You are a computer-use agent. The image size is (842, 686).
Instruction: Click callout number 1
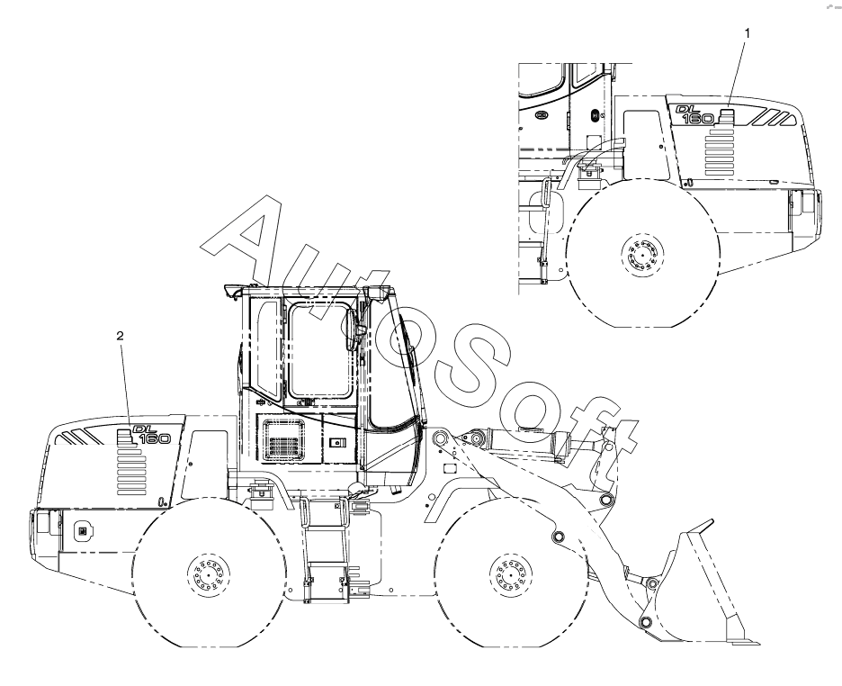[747, 33]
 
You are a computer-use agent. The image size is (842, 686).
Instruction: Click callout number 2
[120, 336]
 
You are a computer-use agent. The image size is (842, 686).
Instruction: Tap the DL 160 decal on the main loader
[151, 435]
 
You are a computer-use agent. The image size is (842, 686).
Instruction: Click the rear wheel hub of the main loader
[209, 573]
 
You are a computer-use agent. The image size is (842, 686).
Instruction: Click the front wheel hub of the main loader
[511, 573]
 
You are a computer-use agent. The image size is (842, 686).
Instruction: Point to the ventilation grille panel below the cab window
[283, 440]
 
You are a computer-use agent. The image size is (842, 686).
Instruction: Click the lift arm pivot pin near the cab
[439, 438]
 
